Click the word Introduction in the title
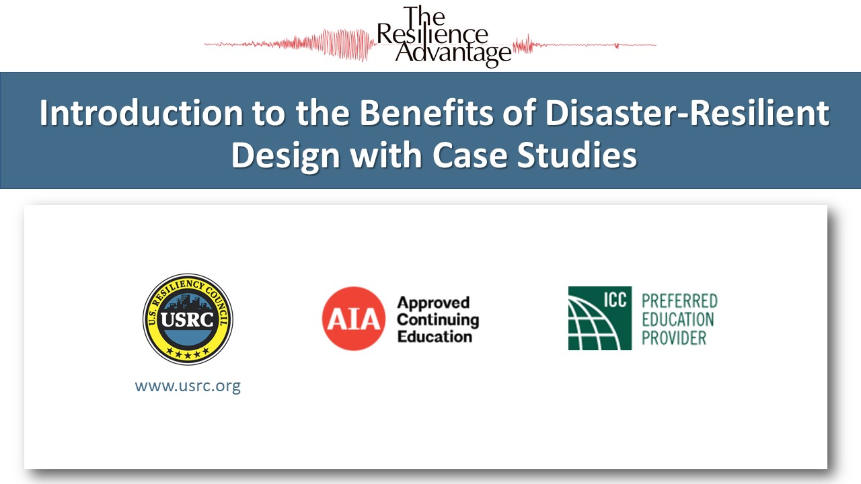141,114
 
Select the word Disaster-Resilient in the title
687,114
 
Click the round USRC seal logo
188,319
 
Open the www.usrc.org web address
188,387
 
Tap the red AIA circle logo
354,319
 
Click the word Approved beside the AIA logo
433,302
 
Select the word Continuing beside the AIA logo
438,319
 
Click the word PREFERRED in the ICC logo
679,300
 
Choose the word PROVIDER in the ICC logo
674,337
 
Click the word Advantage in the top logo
452,53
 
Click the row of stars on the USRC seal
188,354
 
